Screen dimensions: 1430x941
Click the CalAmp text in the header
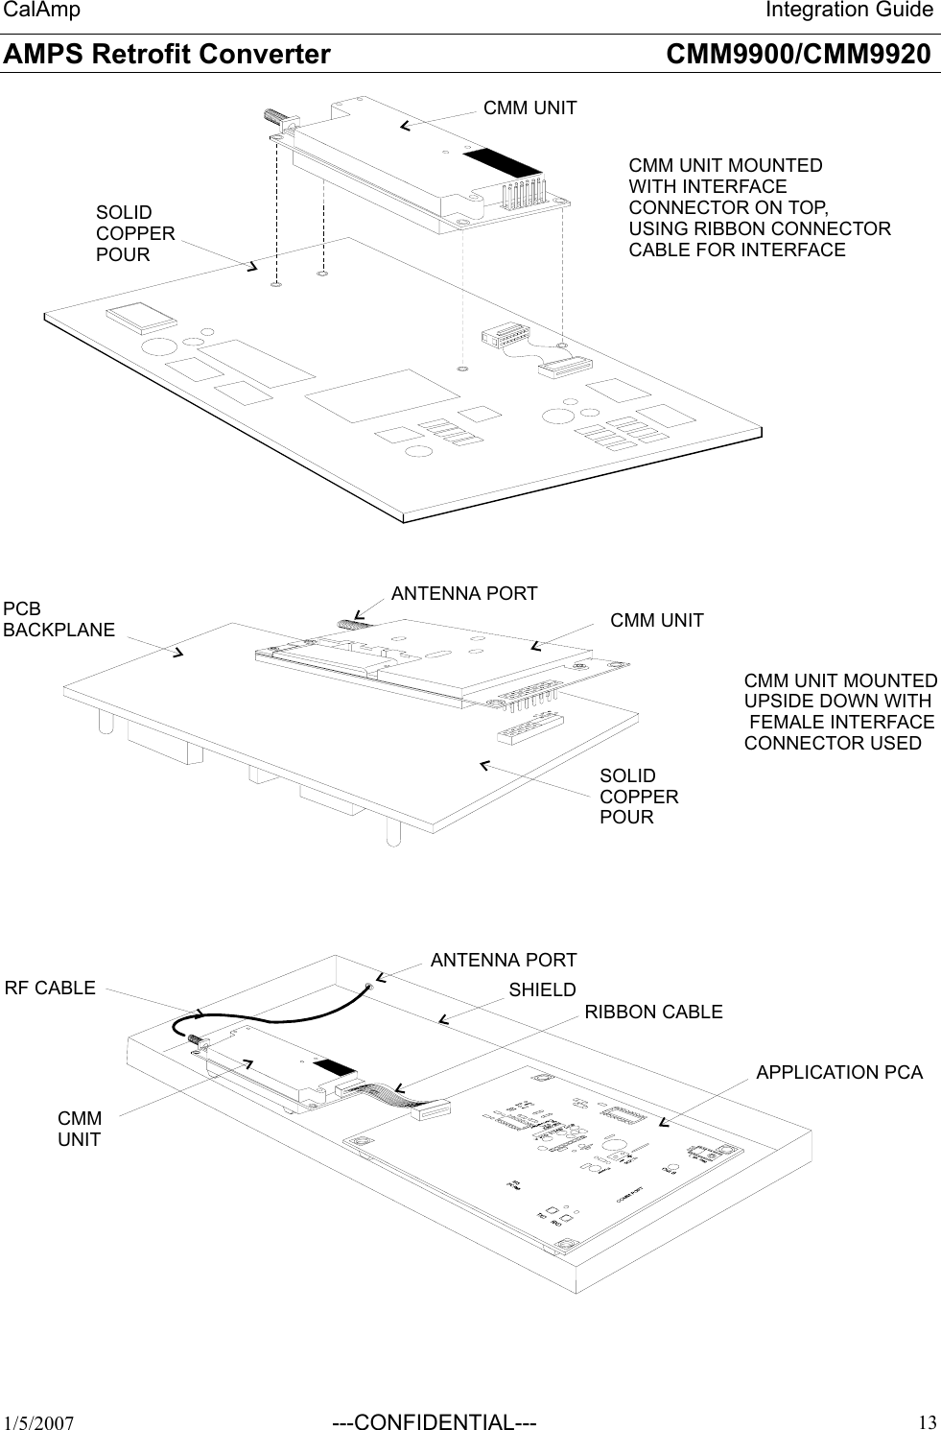[41, 11]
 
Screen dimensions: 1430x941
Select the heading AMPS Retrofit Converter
[167, 54]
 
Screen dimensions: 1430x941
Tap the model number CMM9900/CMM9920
[797, 54]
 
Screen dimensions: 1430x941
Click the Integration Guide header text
[848, 11]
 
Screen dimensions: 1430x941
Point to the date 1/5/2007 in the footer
[39, 1422]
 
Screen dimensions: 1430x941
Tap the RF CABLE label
[51, 988]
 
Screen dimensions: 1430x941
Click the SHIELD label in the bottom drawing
[542, 989]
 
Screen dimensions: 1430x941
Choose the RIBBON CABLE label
[653, 1012]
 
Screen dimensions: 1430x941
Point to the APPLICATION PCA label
[839, 1072]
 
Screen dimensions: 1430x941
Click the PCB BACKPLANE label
[59, 619]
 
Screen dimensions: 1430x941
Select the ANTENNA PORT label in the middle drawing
[464, 593]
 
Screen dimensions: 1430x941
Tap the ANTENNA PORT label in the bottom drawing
[504, 960]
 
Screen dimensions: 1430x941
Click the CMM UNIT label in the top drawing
[529, 107]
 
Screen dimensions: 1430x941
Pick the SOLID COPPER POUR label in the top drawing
[135, 233]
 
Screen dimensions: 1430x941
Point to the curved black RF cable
[278, 1010]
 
